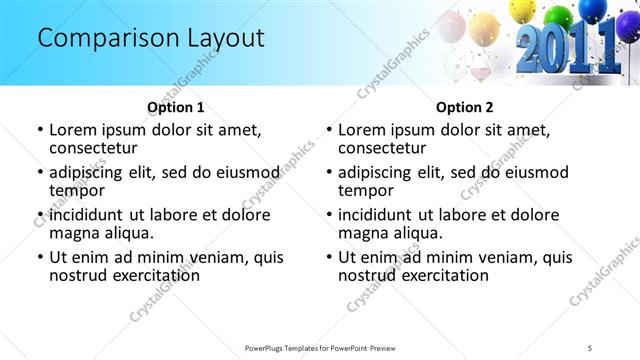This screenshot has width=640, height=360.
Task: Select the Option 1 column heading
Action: pos(175,107)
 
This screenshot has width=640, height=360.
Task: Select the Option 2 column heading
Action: pos(464,107)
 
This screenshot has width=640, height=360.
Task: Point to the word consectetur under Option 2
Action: pos(386,147)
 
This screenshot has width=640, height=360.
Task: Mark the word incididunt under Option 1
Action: pos(88,215)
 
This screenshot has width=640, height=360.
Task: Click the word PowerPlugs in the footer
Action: pos(270,347)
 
